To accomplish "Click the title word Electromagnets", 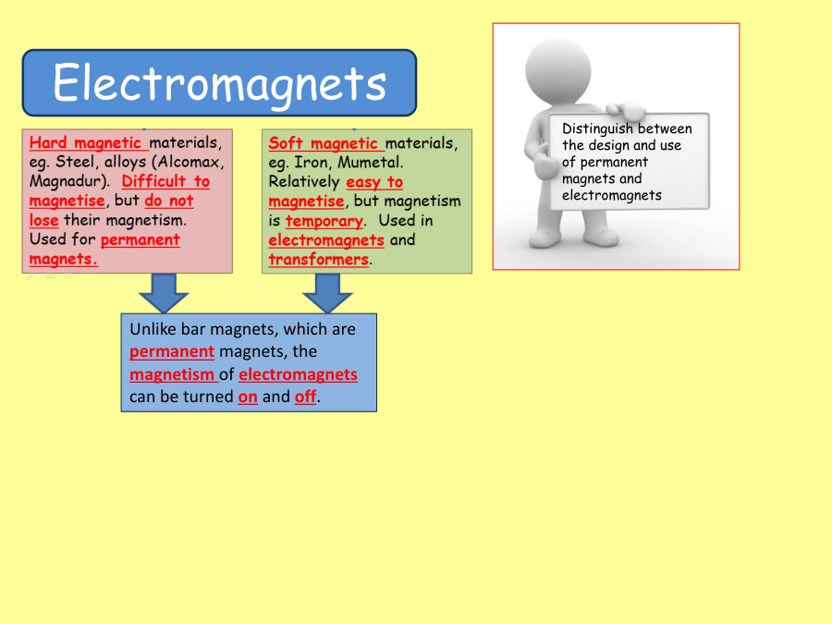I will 219,83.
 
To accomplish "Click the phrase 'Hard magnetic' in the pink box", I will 87,143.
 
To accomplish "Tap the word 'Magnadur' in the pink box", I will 66,181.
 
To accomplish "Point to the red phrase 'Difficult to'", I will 165,181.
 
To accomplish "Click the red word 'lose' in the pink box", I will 43,220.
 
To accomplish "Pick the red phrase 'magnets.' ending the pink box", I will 63,259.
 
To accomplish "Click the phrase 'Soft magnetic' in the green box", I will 324,143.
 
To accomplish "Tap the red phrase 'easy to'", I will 374,182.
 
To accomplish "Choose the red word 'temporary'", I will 324,221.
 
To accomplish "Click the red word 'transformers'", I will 318,260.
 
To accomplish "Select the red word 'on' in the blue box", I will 247,397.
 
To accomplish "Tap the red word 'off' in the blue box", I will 305,397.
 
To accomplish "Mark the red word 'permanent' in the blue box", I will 172,351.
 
